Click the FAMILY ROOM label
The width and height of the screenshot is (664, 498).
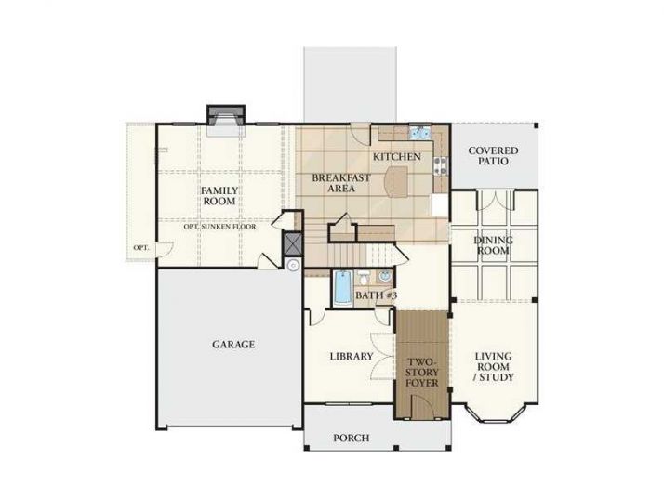[220, 195]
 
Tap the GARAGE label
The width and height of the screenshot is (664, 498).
[232, 344]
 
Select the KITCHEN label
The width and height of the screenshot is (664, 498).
[397, 157]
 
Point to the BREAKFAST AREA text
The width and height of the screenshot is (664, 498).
[341, 183]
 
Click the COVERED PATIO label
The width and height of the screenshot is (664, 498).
[493, 155]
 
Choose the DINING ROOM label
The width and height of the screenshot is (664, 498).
[493, 245]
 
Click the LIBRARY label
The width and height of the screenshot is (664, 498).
[352, 356]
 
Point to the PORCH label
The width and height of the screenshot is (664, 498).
[351, 438]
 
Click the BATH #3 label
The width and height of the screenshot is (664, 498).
[376, 295]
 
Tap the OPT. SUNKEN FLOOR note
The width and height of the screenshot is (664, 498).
[220, 227]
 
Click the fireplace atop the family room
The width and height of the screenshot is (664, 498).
[224, 117]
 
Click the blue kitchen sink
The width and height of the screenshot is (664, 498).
[419, 131]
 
